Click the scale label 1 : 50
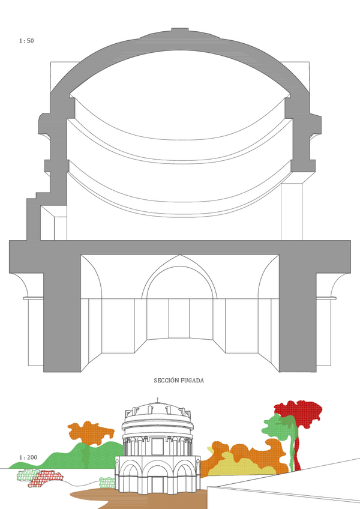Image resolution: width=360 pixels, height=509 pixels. point(26,41)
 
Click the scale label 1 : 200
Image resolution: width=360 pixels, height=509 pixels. point(28,457)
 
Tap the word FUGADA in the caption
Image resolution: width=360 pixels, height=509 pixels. point(194,381)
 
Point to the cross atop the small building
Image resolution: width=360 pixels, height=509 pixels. point(158,400)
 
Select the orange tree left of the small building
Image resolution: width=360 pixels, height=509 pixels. point(90,432)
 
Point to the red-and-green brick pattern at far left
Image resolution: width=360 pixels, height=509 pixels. point(40,478)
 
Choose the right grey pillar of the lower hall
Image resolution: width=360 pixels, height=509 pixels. point(298,312)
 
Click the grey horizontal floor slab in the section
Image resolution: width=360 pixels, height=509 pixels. point(180,247)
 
